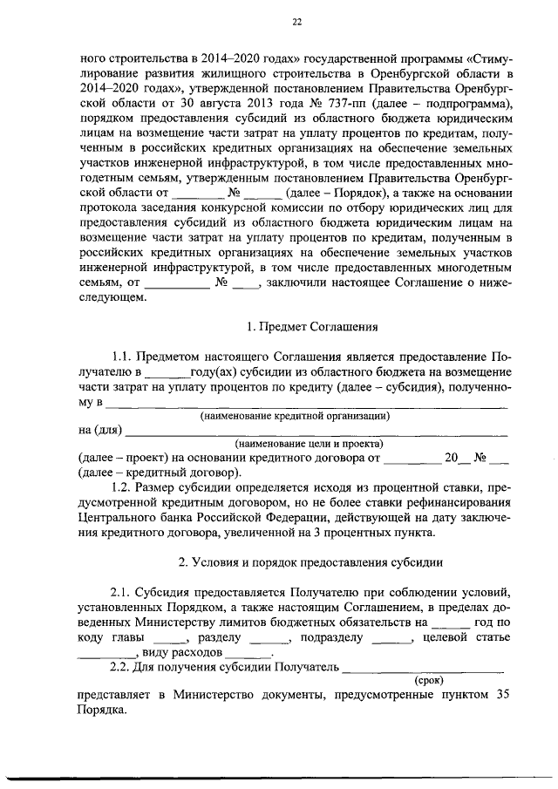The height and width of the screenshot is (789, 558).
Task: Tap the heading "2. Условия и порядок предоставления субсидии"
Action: pyautogui.click(x=310, y=563)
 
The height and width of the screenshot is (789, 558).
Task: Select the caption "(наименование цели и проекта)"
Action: pyautogui.click(x=297, y=443)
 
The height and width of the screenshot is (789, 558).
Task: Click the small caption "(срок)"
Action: pyautogui.click(x=428, y=678)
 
